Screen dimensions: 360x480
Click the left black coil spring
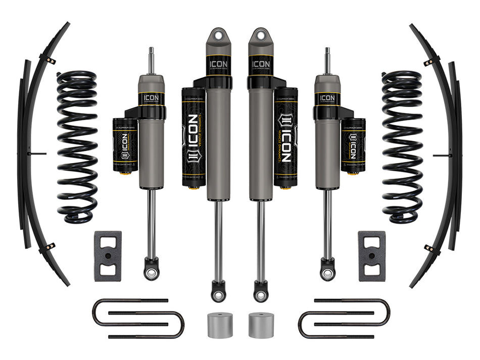tap(77, 146)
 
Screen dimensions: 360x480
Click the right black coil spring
tap(402, 146)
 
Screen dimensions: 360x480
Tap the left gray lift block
tap(108, 256)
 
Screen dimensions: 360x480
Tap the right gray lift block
tap(371, 256)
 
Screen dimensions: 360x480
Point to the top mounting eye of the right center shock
tap(261, 37)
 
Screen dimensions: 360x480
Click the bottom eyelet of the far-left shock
tap(150, 273)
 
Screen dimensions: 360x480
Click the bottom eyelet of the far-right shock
tap(328, 273)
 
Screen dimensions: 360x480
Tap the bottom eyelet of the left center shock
tap(218, 292)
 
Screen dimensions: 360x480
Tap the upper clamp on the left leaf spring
tap(50, 61)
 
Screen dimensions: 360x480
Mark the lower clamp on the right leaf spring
tap(430, 248)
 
